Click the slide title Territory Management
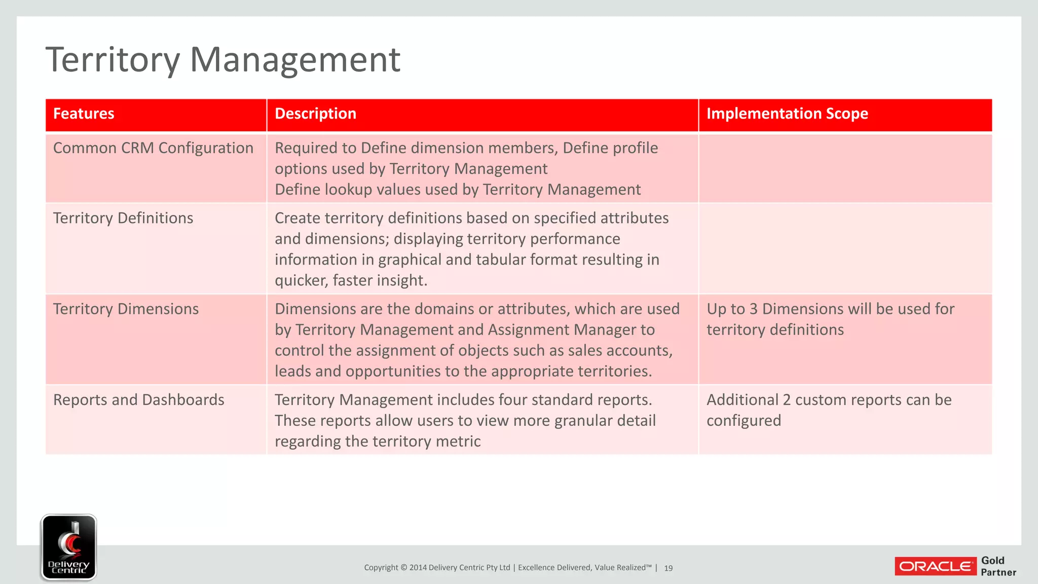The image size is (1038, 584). tap(223, 60)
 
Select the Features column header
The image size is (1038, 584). tap(84, 114)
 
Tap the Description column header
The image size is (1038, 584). tap(315, 114)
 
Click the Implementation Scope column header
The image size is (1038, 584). tap(787, 114)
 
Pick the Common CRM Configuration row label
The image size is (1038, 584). tap(153, 148)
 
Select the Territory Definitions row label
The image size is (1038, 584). tap(123, 218)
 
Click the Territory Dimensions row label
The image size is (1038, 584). tap(126, 309)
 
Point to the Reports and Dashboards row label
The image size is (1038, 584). tap(138, 400)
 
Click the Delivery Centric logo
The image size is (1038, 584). tap(69, 547)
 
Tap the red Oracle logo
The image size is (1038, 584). tap(936, 566)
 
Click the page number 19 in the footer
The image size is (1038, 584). tap(669, 568)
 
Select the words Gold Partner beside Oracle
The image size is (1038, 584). tap(998, 566)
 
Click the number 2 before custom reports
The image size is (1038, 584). tap(787, 400)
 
